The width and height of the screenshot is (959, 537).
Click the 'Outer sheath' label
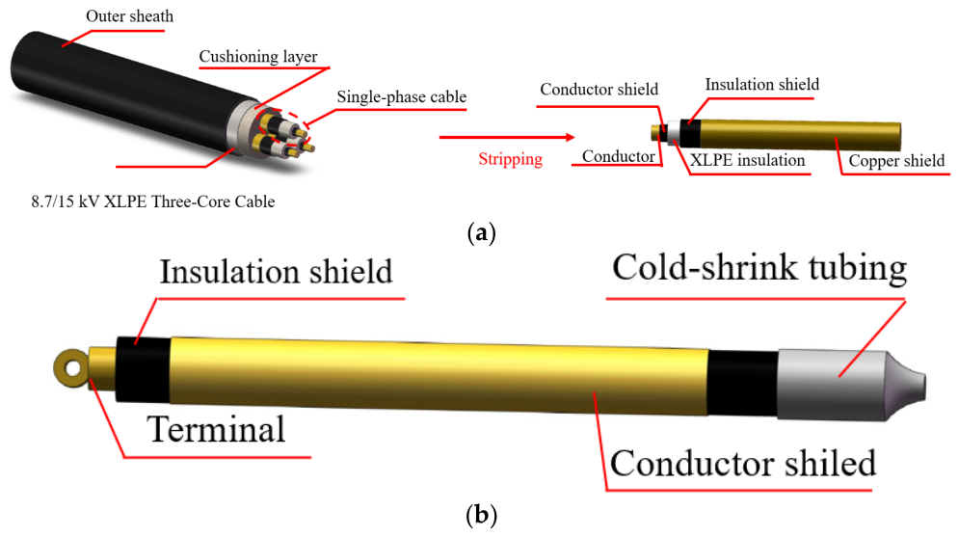click(130, 16)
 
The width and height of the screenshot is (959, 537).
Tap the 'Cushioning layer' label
click(258, 56)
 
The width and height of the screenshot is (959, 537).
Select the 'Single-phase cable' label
click(402, 96)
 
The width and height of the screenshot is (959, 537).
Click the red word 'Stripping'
click(511, 159)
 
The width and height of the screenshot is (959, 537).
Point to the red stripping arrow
click(507, 137)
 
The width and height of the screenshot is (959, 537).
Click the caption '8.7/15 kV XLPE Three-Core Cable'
click(153, 201)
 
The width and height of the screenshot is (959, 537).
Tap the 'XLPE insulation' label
click(747, 160)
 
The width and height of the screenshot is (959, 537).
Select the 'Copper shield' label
click(896, 161)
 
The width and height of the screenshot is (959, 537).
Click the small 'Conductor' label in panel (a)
click(619, 156)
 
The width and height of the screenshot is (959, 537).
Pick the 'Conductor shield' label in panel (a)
click(599, 90)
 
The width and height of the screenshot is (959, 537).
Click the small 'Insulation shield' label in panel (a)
click(762, 85)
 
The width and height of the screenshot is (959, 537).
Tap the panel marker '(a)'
click(481, 233)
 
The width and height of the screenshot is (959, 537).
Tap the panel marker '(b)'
click(481, 515)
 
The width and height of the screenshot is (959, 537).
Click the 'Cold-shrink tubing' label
click(759, 268)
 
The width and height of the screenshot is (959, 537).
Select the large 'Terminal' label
click(216, 429)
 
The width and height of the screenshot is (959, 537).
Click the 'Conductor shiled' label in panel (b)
click(742, 463)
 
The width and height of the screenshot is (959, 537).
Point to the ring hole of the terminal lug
click(73, 368)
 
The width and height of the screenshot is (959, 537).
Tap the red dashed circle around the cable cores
click(282, 128)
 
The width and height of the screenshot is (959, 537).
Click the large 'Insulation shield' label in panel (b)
click(276, 272)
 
